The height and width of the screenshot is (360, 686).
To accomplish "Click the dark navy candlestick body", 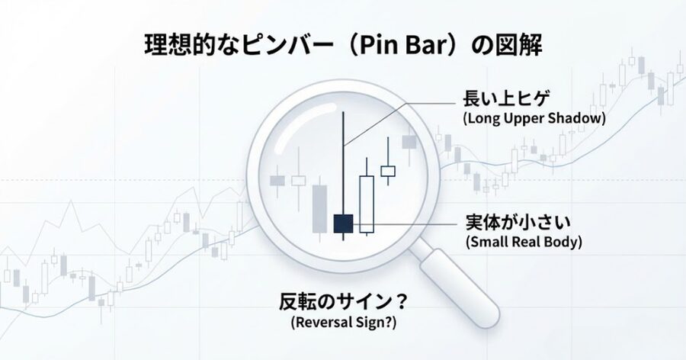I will (343, 223).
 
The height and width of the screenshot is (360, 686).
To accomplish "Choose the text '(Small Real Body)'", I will (522, 243).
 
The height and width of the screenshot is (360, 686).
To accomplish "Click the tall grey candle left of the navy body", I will (319, 207).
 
